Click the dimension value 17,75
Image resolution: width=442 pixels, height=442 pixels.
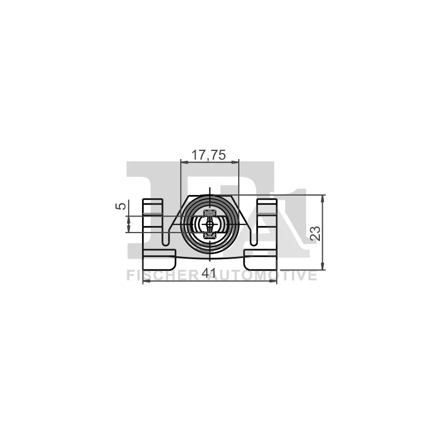point(208,156)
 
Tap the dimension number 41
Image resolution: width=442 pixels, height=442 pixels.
point(208,273)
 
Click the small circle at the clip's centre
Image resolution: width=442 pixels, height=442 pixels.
point(209,224)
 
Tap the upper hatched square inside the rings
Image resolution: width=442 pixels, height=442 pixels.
point(209,213)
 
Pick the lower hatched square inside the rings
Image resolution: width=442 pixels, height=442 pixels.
point(209,236)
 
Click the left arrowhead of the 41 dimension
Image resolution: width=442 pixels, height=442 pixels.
point(146,281)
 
